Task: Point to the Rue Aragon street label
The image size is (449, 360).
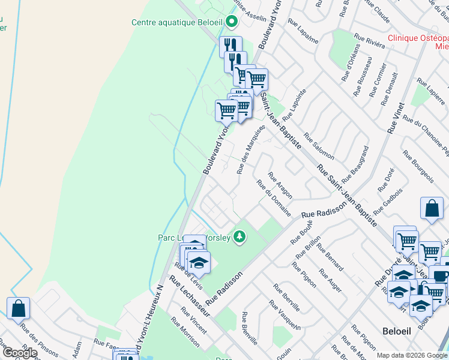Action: [280, 185]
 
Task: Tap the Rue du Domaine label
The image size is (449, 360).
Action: [274, 199]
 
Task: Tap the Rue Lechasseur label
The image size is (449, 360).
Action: [189, 296]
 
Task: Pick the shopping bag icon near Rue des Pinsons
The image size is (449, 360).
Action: [19, 308]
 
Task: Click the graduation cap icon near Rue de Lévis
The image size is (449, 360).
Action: [199, 262]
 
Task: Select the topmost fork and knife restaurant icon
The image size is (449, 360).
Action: [231, 46]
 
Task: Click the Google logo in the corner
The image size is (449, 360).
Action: [19, 353]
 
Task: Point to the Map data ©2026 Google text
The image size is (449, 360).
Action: [412, 355]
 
